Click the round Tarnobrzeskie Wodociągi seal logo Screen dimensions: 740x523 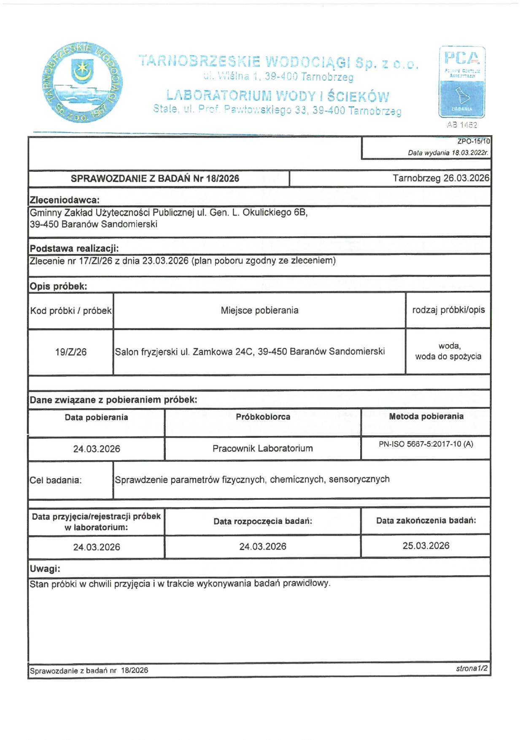(x=83, y=82)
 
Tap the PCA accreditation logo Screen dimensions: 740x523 (x=462, y=82)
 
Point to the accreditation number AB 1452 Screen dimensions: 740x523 (x=462, y=125)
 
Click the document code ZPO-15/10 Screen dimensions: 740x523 (x=474, y=141)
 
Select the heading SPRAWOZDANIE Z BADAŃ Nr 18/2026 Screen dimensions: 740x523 (x=155, y=179)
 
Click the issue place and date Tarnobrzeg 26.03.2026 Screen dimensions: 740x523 (x=441, y=178)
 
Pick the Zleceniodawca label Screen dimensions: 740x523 (x=65, y=200)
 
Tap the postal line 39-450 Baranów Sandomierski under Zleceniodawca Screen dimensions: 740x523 (x=93, y=224)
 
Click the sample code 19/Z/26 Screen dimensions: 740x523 (x=71, y=352)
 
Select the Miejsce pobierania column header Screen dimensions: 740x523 (x=259, y=311)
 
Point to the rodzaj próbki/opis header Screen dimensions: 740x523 (x=448, y=310)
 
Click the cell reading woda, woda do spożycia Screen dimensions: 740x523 (x=448, y=351)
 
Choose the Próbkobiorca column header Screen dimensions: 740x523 (x=263, y=417)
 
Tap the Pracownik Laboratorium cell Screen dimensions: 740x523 (x=263, y=449)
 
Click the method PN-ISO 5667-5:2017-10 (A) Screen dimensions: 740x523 (x=426, y=445)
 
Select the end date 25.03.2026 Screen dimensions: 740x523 (x=426, y=546)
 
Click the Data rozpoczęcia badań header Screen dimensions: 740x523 (x=263, y=521)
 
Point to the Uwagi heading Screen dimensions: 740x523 (x=45, y=569)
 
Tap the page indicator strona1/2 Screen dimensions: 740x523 (x=472, y=668)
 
